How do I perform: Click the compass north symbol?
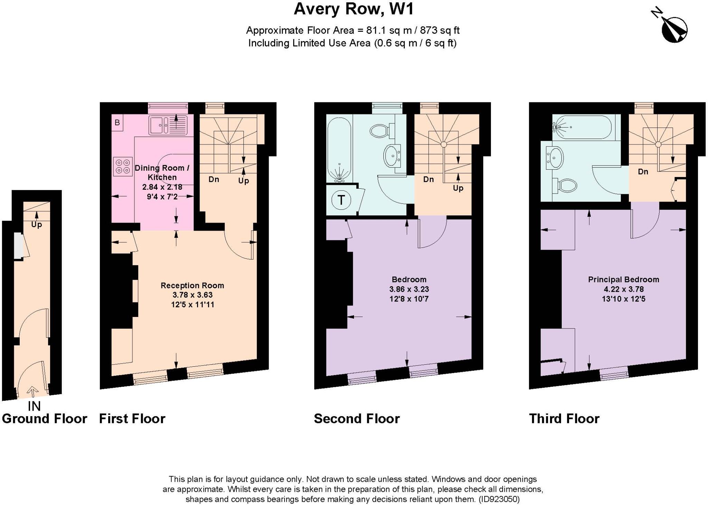point(673,29)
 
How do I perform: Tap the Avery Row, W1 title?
point(353,9)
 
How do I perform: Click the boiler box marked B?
point(117,122)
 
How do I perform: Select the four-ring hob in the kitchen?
point(123,166)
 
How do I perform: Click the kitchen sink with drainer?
point(168,125)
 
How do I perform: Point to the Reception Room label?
point(192,286)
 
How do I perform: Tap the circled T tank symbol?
point(341,200)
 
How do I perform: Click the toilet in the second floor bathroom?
point(381,130)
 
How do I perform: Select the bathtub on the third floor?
point(582,127)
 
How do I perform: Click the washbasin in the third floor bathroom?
point(555,158)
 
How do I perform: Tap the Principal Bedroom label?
point(623,280)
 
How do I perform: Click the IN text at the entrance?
point(34,406)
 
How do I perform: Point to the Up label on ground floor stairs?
point(37,225)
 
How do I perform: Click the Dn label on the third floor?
point(643,172)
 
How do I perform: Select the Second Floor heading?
point(356,419)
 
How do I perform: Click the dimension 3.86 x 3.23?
point(409,289)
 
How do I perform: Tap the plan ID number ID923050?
point(499,499)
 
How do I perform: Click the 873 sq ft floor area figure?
point(439,30)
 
